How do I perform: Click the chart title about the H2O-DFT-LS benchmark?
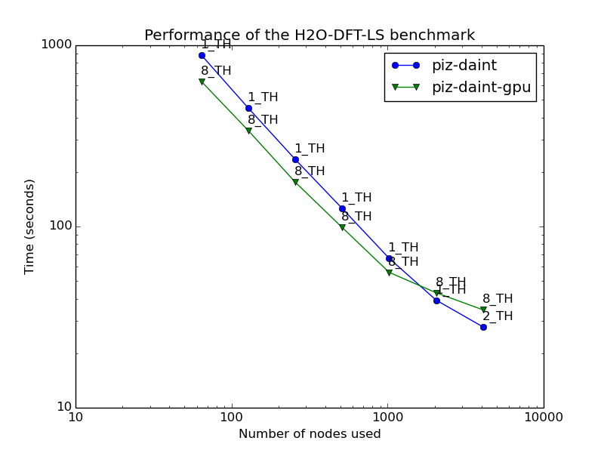[310, 35]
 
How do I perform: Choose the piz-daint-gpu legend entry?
[481, 87]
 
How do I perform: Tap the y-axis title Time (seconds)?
[30, 226]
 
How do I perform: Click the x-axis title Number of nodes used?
[310, 434]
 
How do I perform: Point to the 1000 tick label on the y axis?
[57, 45]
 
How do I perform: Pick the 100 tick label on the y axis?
[60, 226]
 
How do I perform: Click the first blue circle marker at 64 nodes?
[202, 55]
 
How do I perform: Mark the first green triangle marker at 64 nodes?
[202, 82]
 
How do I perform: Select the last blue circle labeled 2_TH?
[483, 327]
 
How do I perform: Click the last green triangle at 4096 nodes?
[483, 310]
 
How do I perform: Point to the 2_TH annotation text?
[498, 316]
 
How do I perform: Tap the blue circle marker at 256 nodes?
[295, 159]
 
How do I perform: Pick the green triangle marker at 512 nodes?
[342, 227]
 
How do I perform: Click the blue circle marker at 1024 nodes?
[389, 258]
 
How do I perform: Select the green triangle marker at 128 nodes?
[248, 131]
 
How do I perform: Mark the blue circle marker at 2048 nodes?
[436, 300]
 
